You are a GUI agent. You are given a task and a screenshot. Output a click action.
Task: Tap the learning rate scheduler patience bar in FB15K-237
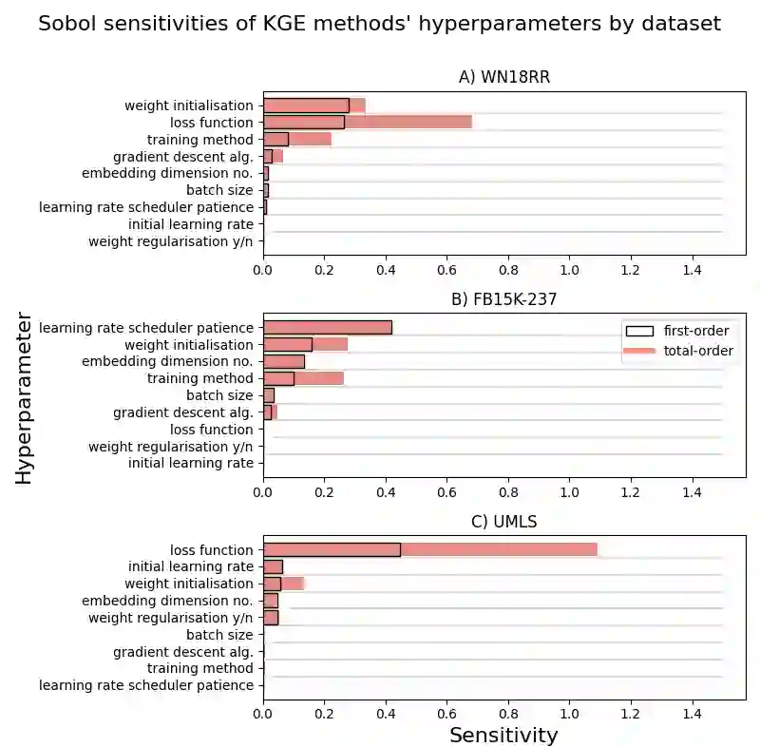pos(327,327)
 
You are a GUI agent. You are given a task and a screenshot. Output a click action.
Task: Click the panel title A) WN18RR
pos(504,77)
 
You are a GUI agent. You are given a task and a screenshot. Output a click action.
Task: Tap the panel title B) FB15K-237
pos(503,299)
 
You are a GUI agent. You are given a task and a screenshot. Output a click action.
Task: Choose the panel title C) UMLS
pos(504,522)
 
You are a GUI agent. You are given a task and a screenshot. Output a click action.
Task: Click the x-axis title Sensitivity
pos(503,736)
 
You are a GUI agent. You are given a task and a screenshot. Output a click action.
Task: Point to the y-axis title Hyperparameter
pos(25,402)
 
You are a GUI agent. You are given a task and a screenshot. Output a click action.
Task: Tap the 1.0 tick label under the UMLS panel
pos(569,710)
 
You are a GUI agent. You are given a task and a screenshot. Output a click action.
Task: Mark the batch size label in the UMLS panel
pos(219,635)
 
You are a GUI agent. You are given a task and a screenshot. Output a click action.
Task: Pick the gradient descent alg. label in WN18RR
pos(183,157)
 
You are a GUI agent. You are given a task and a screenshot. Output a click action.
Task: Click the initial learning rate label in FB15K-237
pos(191,464)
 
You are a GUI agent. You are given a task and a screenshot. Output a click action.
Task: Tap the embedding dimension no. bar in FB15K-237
pos(284,361)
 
